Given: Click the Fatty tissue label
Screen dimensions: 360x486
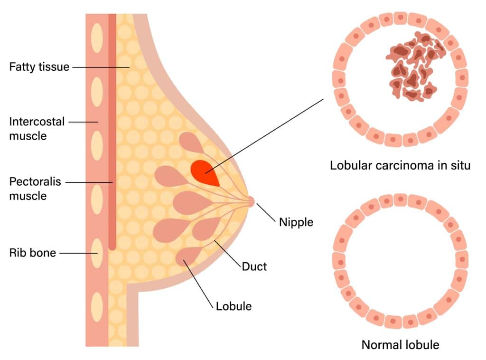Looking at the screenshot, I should click(x=39, y=67).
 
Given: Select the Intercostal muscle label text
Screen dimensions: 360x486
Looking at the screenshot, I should click(x=37, y=128).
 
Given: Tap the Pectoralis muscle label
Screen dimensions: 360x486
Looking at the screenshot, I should click(x=35, y=188).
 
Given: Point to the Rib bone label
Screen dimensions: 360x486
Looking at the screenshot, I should click(x=32, y=253).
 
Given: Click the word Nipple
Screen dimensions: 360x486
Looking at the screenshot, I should click(x=296, y=221).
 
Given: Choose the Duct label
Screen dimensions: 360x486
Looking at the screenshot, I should click(x=254, y=266).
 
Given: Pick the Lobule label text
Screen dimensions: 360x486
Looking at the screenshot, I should click(x=234, y=306).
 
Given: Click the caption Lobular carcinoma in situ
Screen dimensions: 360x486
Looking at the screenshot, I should click(x=400, y=166).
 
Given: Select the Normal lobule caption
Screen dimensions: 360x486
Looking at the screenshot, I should click(x=400, y=344).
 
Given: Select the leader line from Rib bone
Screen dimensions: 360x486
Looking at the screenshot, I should click(x=79, y=253).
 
